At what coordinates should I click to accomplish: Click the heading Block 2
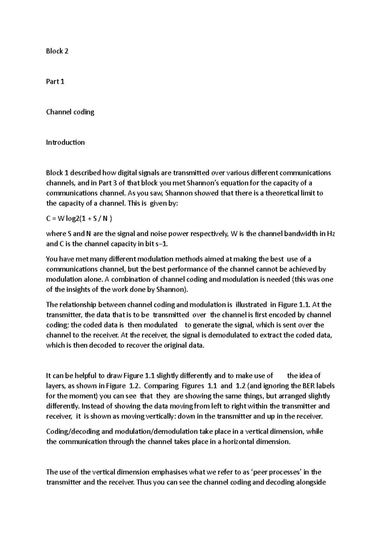tap(57, 51)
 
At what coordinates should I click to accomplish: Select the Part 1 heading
tap(55, 82)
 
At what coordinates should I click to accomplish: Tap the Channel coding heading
tap(70, 112)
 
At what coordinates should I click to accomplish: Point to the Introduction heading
tap(65, 143)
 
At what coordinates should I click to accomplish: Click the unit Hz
tap(331, 234)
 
